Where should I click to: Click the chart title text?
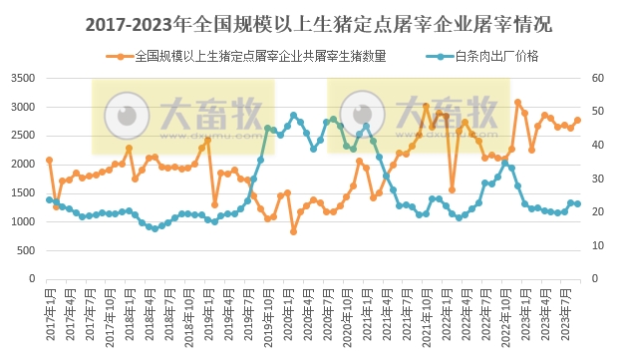tap(309, 22)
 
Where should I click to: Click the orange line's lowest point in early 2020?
tap(293, 231)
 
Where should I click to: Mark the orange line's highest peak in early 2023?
tap(517, 102)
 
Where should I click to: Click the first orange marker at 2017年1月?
tap(49, 160)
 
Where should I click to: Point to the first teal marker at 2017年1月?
tap(49, 199)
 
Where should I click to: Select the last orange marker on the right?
tap(577, 120)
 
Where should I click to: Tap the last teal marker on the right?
tap(577, 203)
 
